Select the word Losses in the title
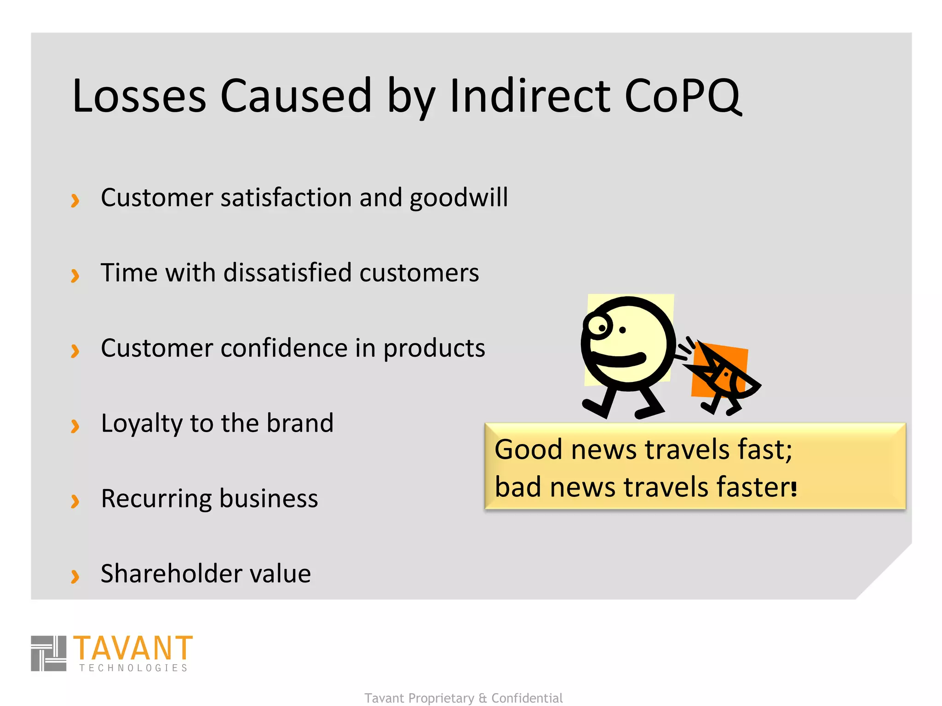pos(139,97)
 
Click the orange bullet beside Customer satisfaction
pos(75,200)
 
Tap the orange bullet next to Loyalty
pos(75,426)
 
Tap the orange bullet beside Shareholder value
pos(75,576)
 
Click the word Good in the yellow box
pos(528,450)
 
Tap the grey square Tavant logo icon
pos(49,653)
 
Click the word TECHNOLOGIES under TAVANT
pos(133,668)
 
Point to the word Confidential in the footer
pos(527,698)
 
